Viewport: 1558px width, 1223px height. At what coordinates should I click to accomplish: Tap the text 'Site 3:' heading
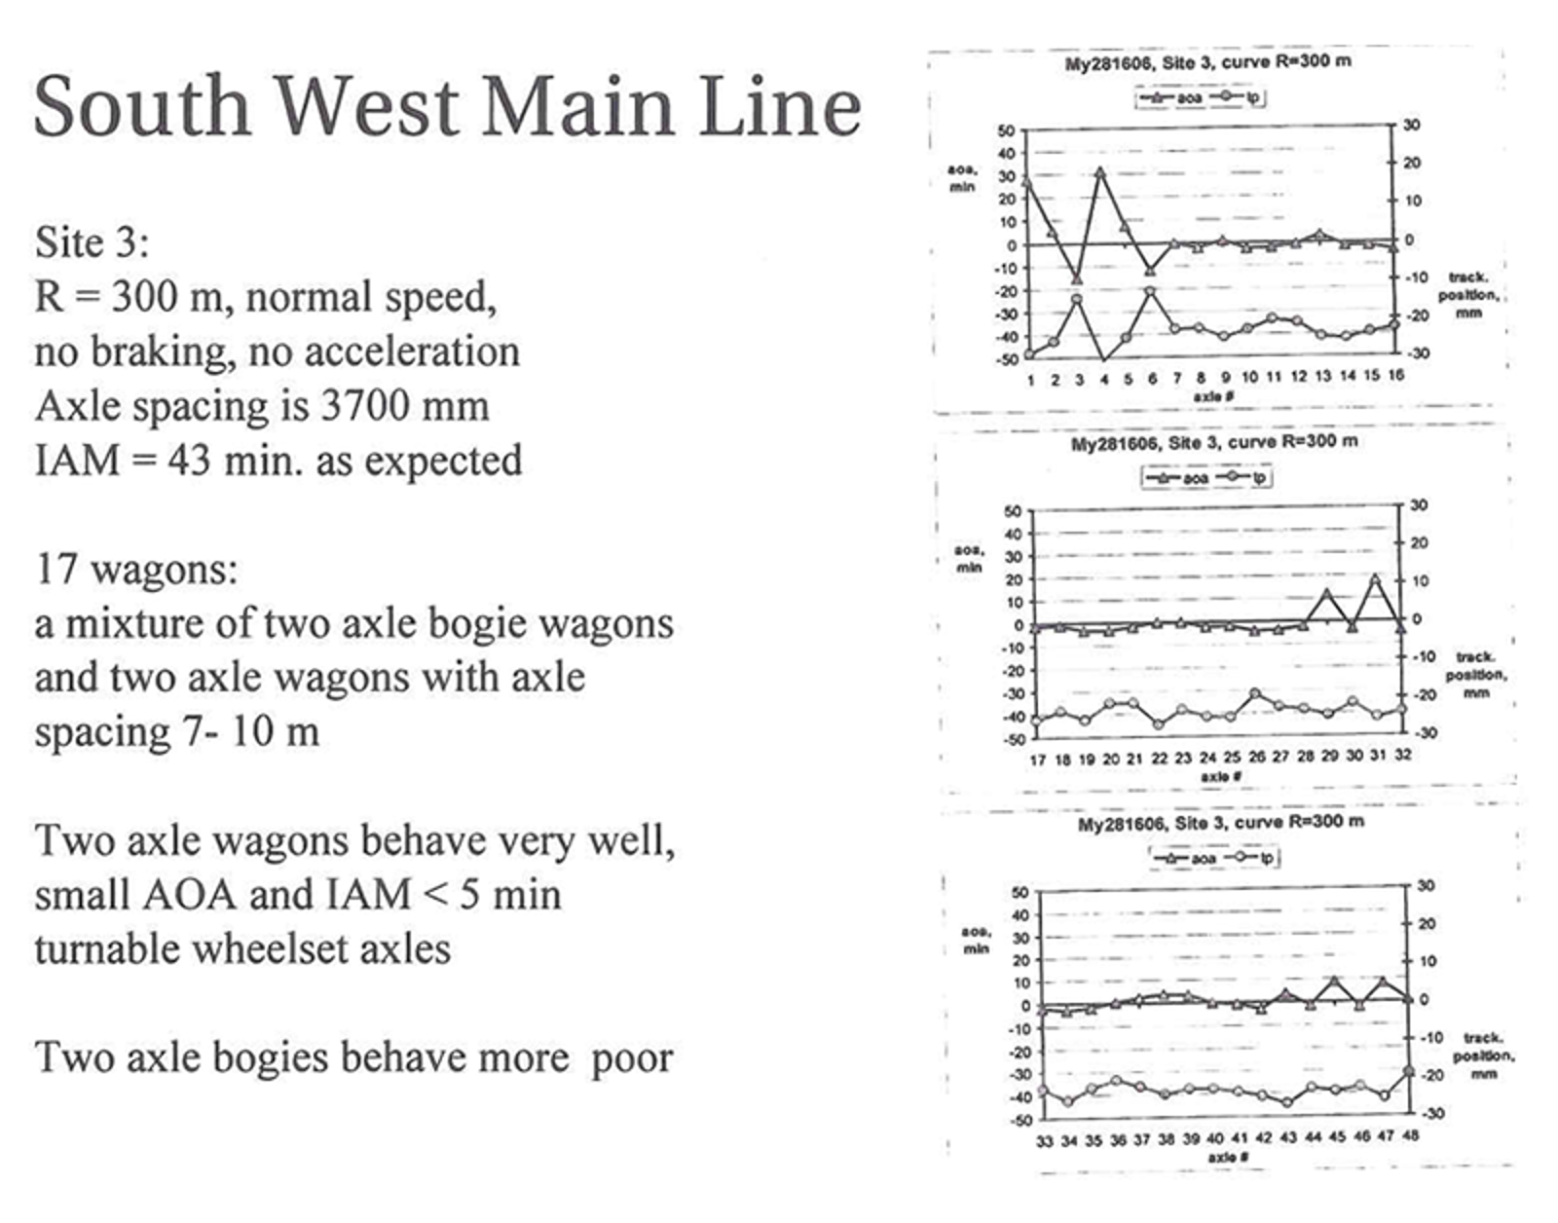click(93, 241)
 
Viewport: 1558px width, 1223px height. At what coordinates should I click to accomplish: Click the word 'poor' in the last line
click(632, 1057)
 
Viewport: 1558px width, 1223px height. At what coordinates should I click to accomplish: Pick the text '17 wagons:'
click(136, 569)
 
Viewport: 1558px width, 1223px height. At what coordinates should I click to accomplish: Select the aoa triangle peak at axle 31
click(1376, 578)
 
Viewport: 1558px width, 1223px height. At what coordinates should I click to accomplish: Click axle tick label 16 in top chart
click(1395, 376)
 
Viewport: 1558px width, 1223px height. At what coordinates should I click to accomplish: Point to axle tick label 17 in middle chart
click(1038, 759)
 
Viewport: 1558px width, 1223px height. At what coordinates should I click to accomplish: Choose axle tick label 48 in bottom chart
click(1409, 1136)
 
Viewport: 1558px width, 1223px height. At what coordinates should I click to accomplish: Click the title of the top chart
click(1207, 61)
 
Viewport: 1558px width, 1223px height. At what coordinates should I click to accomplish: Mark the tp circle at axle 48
click(1409, 1071)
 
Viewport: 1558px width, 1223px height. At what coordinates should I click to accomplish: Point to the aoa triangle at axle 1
click(1029, 181)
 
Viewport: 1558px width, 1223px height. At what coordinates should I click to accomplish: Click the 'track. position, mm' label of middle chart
click(1475, 675)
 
